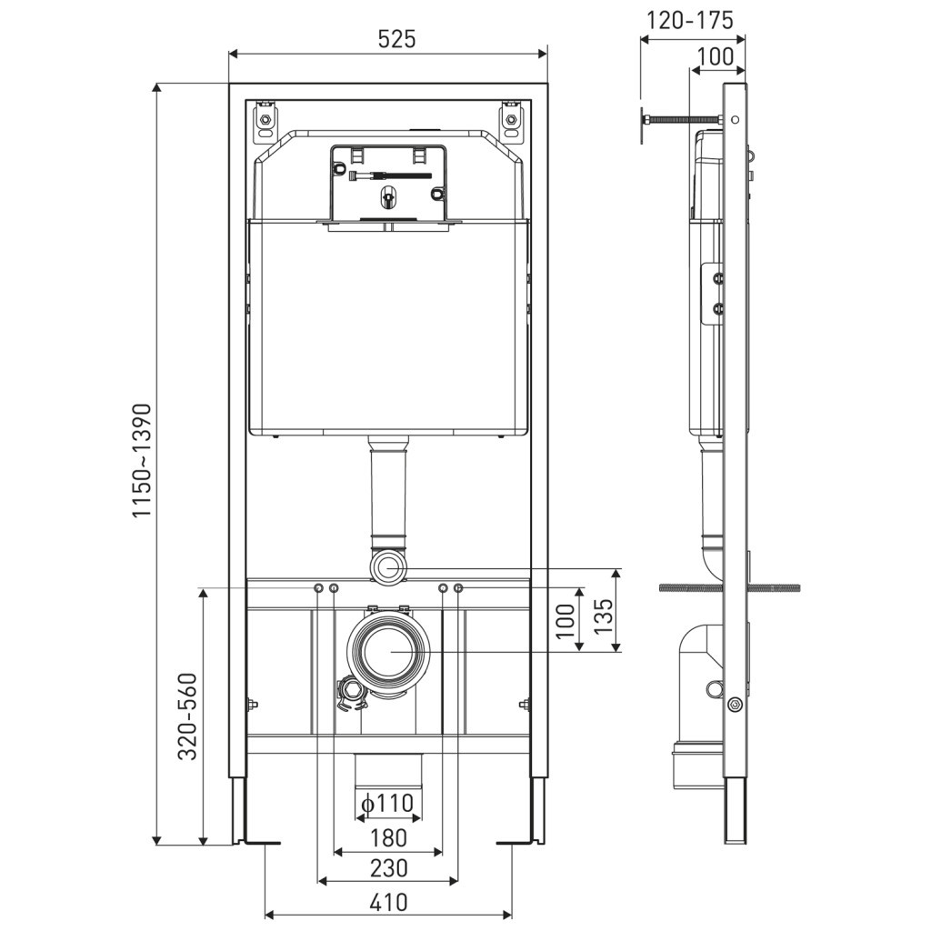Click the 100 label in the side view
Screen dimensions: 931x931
pos(715,56)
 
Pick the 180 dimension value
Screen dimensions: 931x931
pos(388,836)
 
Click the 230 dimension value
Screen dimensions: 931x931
pos(388,868)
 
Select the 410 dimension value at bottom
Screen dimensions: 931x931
pos(388,902)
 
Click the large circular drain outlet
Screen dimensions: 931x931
pos(389,651)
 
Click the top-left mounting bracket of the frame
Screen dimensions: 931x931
pos(265,122)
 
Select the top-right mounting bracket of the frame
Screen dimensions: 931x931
pos(512,122)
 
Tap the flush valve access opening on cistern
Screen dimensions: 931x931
pos(389,182)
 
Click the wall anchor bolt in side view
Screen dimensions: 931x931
pos(682,119)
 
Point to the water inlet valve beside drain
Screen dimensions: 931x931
pos(350,696)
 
